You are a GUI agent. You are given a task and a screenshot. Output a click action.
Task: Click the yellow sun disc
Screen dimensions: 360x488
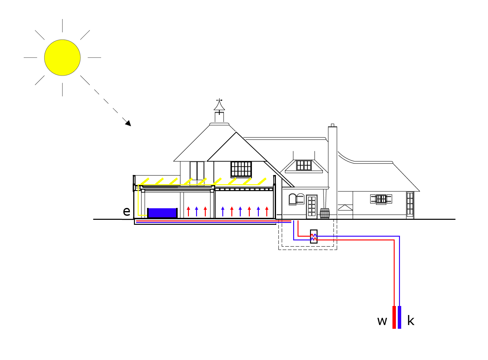[x=62, y=57]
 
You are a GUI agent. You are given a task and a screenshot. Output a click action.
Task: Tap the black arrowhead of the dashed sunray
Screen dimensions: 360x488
[x=128, y=123]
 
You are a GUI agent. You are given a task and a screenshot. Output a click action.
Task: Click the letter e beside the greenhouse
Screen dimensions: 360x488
[x=126, y=211]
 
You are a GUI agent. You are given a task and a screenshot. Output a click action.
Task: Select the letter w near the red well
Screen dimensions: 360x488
[x=382, y=321]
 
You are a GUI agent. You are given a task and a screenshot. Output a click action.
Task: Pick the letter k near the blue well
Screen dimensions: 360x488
[x=411, y=321]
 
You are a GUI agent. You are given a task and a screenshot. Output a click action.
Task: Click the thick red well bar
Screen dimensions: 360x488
[x=394, y=317]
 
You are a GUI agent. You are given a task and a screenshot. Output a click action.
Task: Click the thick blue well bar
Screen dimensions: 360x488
[x=399, y=317]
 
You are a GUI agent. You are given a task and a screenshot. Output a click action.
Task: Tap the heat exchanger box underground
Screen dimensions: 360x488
[x=314, y=236]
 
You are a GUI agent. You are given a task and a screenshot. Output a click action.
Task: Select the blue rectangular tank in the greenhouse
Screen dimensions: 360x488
[x=162, y=213]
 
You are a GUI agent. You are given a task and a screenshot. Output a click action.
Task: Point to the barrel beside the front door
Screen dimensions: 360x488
[x=325, y=214]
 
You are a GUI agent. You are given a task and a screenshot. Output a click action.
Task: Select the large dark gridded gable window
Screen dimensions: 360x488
[x=241, y=169]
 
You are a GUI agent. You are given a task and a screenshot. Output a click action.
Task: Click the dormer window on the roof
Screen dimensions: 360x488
[x=304, y=165]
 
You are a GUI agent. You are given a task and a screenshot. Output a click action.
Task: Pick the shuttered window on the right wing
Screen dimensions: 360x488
[x=381, y=199]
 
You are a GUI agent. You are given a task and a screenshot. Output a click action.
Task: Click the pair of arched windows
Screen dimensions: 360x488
[x=296, y=199]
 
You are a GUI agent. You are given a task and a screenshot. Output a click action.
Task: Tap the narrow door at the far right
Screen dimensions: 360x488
[x=410, y=205]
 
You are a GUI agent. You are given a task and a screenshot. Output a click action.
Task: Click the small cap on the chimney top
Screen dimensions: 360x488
[x=333, y=125]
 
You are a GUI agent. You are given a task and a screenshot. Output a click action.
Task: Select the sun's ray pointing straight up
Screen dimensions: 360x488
[x=62, y=26]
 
